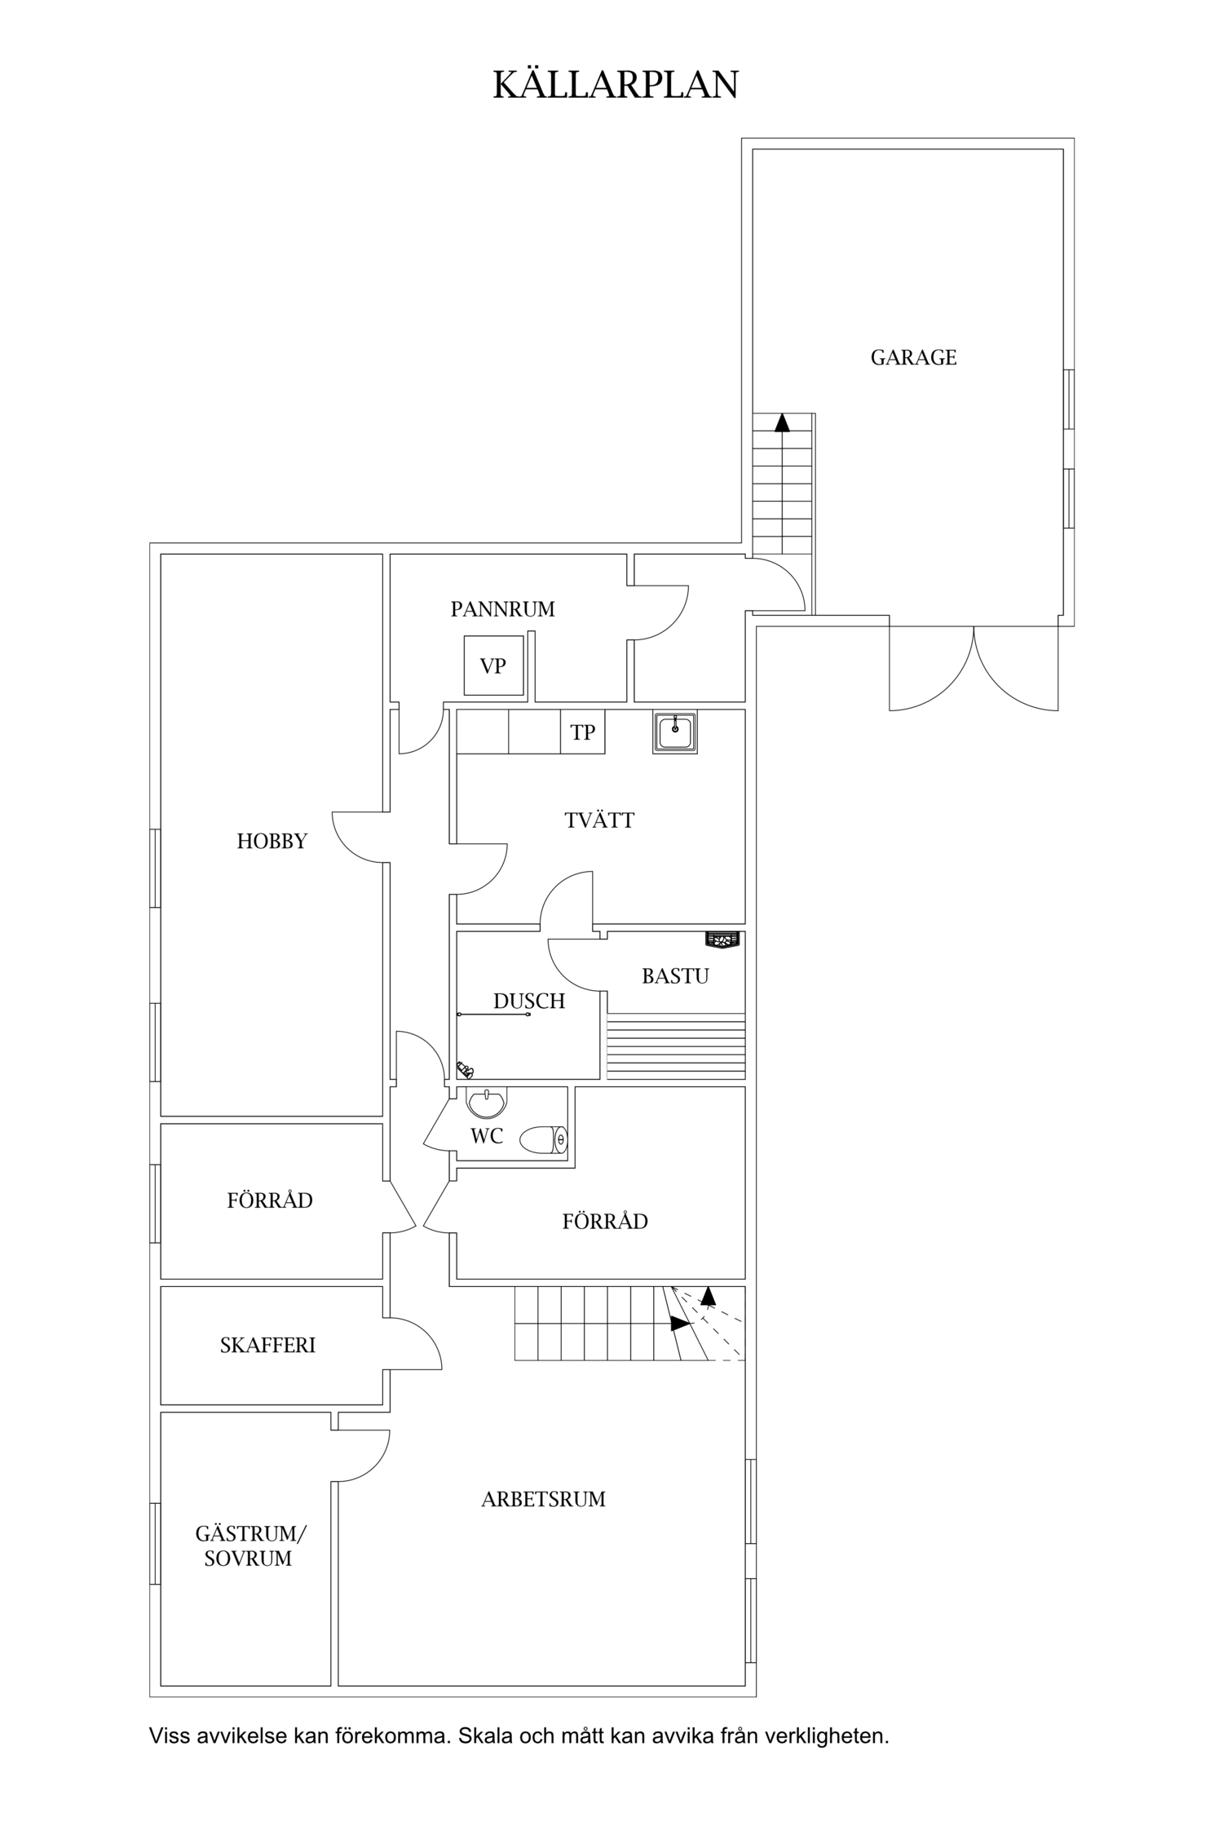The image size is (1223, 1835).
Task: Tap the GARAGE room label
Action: (x=913, y=357)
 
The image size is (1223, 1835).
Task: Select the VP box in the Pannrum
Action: (x=493, y=665)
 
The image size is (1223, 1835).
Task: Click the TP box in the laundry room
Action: (x=582, y=732)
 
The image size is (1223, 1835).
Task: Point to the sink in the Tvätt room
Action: (x=675, y=732)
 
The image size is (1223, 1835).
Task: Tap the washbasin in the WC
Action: (x=486, y=1103)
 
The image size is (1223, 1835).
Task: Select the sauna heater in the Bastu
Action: (x=723, y=940)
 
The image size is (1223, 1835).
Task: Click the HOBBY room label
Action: (x=272, y=842)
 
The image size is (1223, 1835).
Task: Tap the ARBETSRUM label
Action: (x=543, y=1499)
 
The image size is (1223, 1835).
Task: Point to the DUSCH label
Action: (x=529, y=1001)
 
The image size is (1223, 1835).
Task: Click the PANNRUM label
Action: (x=502, y=609)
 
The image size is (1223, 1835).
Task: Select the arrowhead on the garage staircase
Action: (x=783, y=422)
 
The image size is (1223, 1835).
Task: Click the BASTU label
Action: (x=675, y=976)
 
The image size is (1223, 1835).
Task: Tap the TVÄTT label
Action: (x=599, y=820)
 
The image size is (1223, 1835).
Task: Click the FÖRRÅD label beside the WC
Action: (x=605, y=1222)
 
